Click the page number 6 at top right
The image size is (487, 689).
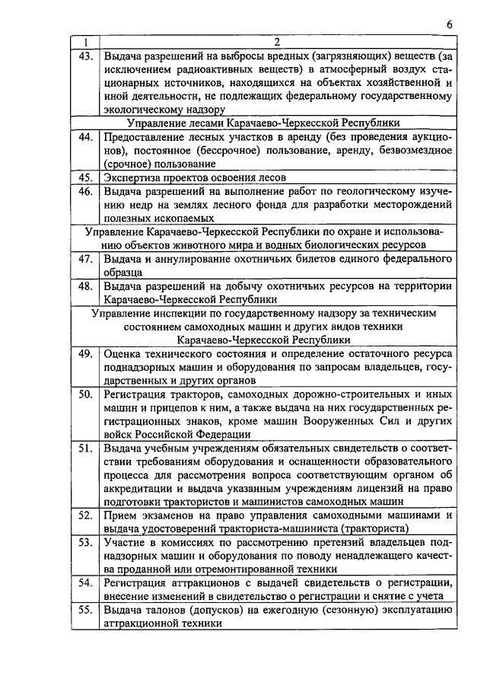coord(450,24)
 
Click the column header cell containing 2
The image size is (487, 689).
coord(277,42)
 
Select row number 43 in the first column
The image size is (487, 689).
coord(85,56)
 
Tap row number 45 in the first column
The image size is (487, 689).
coord(85,177)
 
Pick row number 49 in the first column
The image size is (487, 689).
coord(85,353)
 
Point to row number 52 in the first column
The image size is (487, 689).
coord(85,515)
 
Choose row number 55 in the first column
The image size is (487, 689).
coord(85,610)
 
